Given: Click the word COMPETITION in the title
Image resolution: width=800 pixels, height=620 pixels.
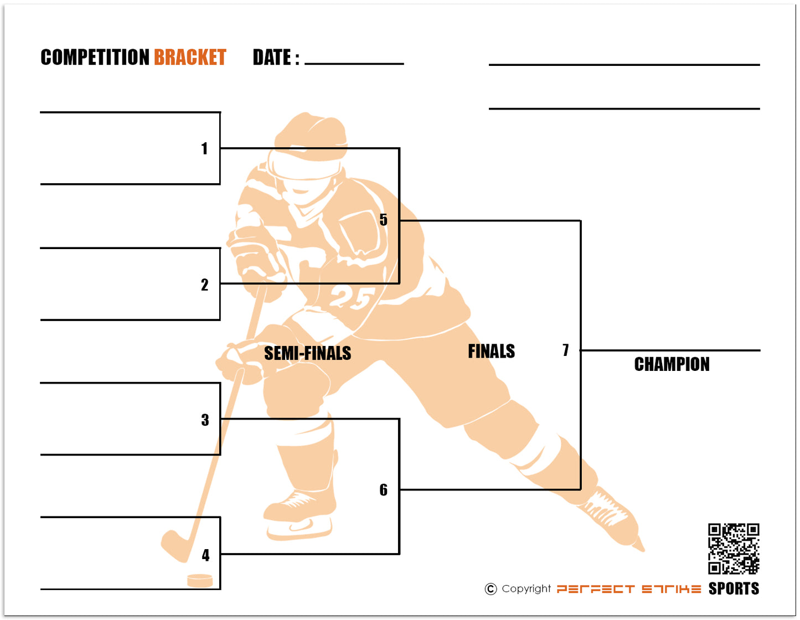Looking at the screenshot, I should pyautogui.click(x=95, y=58).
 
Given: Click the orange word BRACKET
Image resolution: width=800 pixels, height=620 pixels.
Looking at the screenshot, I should pyautogui.click(x=190, y=58).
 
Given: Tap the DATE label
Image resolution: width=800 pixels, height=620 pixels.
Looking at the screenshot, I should pyautogui.click(x=272, y=58).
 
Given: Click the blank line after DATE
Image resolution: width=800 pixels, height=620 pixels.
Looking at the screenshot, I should pyautogui.click(x=354, y=63).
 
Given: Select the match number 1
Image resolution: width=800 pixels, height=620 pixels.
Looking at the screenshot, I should pyautogui.click(x=205, y=148).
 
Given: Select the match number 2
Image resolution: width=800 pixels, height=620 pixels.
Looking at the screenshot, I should pyautogui.click(x=205, y=285).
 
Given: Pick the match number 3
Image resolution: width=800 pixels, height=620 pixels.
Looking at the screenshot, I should pyautogui.click(x=205, y=420).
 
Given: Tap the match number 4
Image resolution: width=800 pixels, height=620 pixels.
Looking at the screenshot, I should pyautogui.click(x=206, y=555).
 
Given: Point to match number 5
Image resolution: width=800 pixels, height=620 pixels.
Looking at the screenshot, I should pyautogui.click(x=384, y=220).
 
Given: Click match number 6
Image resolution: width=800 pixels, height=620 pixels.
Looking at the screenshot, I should pyautogui.click(x=384, y=490).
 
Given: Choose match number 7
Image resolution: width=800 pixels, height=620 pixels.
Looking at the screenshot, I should pyautogui.click(x=566, y=350).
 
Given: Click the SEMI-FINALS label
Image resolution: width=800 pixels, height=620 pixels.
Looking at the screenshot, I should pyautogui.click(x=307, y=353).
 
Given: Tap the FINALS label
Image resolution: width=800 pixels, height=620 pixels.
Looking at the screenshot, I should pyautogui.click(x=491, y=352).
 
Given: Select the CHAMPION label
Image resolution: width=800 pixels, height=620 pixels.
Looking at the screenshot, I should pyautogui.click(x=672, y=364).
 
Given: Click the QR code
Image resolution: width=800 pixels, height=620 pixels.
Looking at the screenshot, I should pyautogui.click(x=734, y=549).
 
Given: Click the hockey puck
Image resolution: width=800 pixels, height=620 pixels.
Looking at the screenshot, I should pyautogui.click(x=200, y=580).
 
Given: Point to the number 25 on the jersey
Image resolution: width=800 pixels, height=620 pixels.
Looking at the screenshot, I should pyautogui.click(x=350, y=298).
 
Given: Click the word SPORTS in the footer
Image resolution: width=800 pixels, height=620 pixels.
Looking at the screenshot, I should pyautogui.click(x=734, y=588).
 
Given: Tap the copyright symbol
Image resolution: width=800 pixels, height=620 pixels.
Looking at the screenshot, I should pyautogui.click(x=491, y=589).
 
